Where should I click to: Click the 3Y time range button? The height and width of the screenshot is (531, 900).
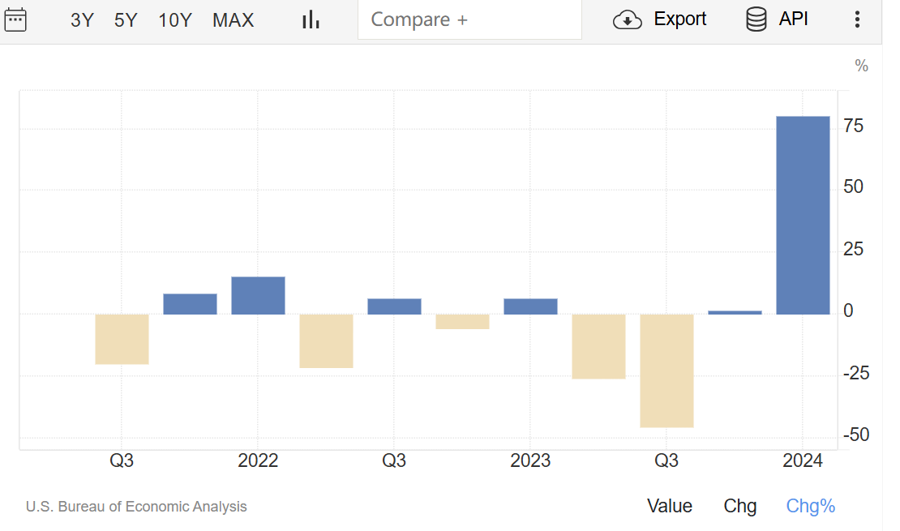pos(82,20)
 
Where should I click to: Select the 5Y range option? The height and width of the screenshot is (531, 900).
pos(126,20)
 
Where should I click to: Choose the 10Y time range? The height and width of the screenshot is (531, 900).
pos(175,20)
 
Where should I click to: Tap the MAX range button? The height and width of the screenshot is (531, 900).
pos(234,20)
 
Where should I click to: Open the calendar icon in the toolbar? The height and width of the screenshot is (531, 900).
pos(15,19)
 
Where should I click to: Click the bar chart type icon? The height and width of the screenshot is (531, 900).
pos(311,20)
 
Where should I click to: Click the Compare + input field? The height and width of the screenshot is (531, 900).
pos(469,19)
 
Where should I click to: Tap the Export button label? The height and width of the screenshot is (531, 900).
pos(679,19)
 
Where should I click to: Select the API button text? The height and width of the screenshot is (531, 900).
pos(793,19)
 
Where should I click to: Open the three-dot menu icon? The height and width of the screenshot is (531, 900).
pos(857,19)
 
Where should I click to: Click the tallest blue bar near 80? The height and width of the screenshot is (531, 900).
pos(803,215)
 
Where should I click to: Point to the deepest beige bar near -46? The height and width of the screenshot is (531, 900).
pos(666,370)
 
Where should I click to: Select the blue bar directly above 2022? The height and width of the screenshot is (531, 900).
pos(258,295)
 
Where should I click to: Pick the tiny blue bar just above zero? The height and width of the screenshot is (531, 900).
pos(735,312)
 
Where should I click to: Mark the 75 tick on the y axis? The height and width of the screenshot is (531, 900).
pos(853,126)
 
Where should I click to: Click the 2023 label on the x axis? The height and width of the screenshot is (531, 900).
pos(530,461)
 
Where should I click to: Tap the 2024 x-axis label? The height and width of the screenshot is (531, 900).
pos(803,461)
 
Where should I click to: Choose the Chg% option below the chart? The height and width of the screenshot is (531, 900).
pos(810,507)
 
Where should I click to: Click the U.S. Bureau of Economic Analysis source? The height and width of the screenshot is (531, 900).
pos(136,507)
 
